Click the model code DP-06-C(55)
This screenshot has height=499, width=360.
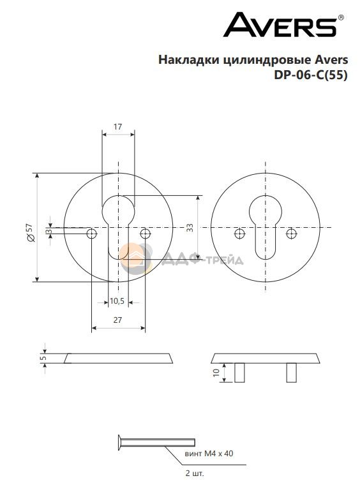coord(311,75)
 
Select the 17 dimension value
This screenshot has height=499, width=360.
coord(118,126)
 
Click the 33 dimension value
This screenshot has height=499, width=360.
coord(190,228)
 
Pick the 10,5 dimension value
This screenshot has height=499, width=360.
coord(117,301)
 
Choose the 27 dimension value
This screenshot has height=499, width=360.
coord(118,320)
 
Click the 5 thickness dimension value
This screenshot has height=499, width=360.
coord(44,358)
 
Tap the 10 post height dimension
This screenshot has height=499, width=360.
coord(216,373)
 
